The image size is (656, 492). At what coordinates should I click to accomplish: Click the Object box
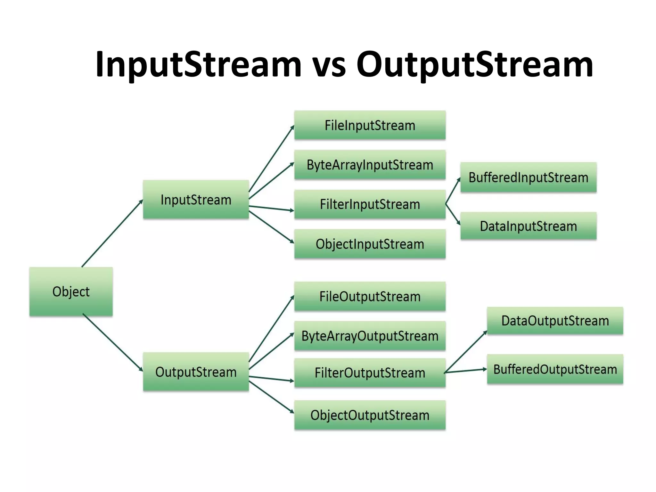click(x=71, y=291)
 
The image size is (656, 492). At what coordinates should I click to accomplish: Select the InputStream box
click(x=196, y=200)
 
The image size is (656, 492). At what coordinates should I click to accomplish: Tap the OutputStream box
click(x=196, y=372)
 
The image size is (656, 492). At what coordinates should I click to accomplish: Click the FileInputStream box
click(x=370, y=125)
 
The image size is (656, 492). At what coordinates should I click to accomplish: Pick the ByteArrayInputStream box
click(x=370, y=165)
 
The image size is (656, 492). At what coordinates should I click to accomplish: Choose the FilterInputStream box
click(x=370, y=204)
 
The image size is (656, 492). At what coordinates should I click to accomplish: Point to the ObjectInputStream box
click(x=370, y=244)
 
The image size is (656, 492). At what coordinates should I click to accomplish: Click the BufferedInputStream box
click(x=528, y=177)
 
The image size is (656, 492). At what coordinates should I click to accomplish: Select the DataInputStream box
click(x=528, y=226)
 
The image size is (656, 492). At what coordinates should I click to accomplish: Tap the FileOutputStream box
click(x=370, y=296)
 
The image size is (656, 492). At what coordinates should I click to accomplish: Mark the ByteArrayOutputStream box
click(x=370, y=336)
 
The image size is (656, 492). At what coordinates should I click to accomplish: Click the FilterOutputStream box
click(x=370, y=373)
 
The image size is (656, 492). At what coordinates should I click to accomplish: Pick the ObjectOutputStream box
click(x=370, y=415)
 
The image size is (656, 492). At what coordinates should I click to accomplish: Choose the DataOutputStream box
click(x=555, y=321)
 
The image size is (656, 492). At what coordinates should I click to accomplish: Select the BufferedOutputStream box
click(x=555, y=369)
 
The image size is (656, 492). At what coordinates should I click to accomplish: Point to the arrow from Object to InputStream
click(x=112, y=233)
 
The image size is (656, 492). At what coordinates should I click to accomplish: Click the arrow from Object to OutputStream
click(x=113, y=342)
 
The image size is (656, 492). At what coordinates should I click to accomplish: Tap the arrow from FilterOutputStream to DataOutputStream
click(x=466, y=351)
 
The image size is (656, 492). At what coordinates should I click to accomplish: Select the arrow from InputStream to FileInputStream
click(x=272, y=158)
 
